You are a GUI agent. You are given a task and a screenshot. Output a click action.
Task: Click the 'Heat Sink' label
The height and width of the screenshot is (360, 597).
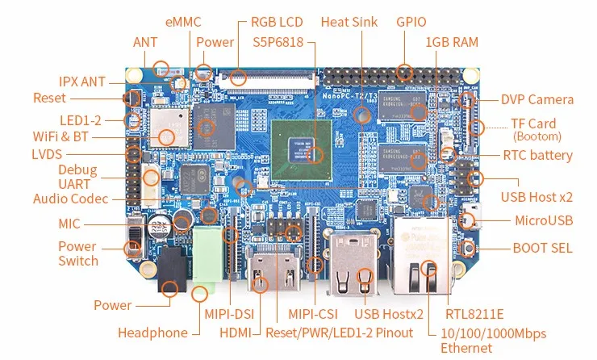(x=349, y=22)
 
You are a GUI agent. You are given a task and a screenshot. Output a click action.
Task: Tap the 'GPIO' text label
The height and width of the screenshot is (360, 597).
(x=411, y=22)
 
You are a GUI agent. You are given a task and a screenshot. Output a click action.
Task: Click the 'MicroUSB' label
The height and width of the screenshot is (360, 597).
(x=544, y=220)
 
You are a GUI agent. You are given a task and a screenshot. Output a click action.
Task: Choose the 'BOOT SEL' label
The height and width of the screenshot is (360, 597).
(x=542, y=248)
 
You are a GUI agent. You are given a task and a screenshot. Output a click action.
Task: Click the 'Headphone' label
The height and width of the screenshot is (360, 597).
(x=152, y=332)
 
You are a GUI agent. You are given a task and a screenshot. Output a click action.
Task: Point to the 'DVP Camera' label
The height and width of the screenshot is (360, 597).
(x=537, y=100)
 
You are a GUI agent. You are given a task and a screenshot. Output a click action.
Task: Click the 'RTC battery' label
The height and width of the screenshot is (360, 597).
(x=537, y=156)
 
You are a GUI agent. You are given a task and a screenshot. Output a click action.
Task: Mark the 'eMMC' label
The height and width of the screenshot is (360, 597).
(x=184, y=22)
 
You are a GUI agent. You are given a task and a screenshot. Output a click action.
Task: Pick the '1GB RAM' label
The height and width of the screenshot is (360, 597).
(x=452, y=42)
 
